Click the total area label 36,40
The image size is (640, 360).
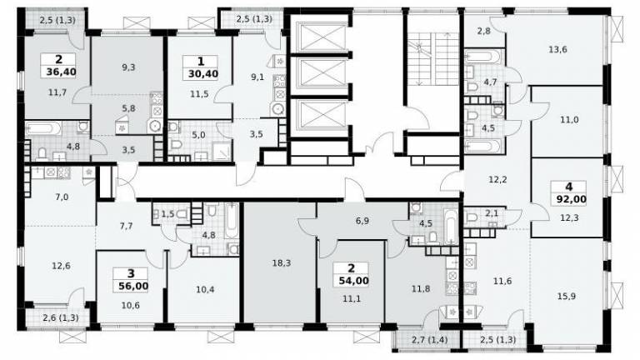tap(59, 72)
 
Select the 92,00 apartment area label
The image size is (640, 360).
tap(571, 200)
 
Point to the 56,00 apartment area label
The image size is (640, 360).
tap(133, 286)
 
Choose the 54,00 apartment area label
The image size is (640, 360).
tap(354, 281)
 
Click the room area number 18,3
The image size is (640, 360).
tap(281, 263)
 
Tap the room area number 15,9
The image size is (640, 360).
tap(566, 297)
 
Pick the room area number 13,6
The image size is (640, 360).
tap(557, 50)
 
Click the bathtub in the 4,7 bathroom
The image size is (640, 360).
tap(482, 57)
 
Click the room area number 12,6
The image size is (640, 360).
tap(61, 266)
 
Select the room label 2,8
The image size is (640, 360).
tap(483, 31)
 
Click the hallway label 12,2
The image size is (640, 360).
tap(497, 179)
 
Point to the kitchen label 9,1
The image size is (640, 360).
tap(257, 77)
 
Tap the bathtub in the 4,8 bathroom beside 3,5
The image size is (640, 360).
tap(43, 129)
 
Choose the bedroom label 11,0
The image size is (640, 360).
tap(569, 120)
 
